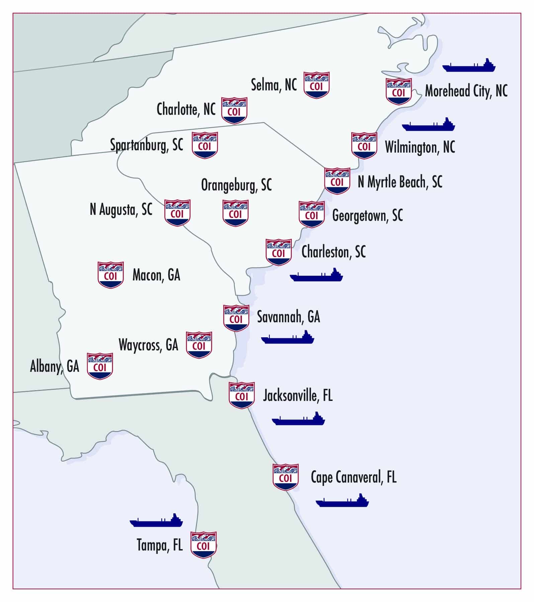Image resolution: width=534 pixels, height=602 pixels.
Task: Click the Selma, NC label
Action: [x=274, y=85]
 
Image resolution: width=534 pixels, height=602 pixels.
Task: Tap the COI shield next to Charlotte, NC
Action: [x=234, y=110]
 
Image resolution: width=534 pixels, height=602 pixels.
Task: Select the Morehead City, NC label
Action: [x=466, y=91]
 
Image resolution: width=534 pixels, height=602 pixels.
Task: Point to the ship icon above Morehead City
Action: [x=469, y=66]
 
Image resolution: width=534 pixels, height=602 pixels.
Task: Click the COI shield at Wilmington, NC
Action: [x=364, y=146]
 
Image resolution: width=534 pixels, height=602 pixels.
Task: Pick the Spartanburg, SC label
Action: [x=147, y=145]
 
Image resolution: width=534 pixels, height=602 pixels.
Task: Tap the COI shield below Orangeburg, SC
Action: [x=235, y=213]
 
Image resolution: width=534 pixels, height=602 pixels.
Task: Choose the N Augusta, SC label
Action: [x=121, y=210]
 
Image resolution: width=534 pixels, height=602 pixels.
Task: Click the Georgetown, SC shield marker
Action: [x=311, y=214]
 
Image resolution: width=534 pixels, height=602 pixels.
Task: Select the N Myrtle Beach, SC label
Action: [x=400, y=182]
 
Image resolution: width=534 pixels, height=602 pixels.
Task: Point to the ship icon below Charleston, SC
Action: [x=316, y=275]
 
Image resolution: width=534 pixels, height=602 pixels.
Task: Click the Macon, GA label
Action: [x=156, y=275]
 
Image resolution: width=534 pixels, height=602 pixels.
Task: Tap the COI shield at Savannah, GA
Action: [x=236, y=318]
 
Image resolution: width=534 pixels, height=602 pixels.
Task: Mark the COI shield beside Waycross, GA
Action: [x=199, y=345]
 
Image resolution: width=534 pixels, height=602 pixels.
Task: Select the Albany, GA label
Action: [x=55, y=366]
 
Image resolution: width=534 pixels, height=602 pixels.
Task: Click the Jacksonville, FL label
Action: [x=297, y=396]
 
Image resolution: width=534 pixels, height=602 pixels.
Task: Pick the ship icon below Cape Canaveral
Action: [x=342, y=501]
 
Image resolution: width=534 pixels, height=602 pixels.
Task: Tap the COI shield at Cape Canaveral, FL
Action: [x=285, y=477]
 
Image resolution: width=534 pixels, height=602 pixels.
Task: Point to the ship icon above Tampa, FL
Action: [x=156, y=521]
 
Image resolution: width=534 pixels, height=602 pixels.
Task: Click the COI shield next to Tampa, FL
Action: [x=203, y=545]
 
